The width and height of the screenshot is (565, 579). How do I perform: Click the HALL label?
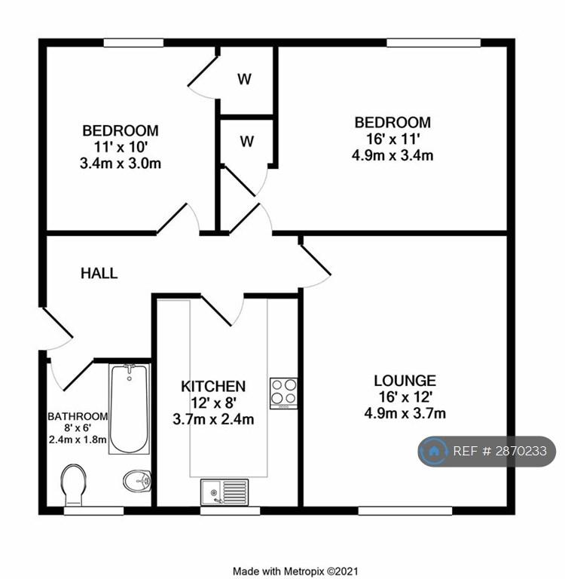[99, 273]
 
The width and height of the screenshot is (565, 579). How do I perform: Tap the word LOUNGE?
[405, 381]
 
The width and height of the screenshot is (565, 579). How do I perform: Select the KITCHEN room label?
[213, 387]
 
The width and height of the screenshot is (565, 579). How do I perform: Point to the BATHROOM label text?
[78, 416]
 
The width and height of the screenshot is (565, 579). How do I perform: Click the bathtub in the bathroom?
[129, 409]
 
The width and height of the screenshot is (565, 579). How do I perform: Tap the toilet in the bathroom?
[73, 486]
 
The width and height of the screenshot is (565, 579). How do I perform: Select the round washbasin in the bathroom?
[137, 481]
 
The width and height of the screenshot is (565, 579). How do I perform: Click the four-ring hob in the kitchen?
[283, 393]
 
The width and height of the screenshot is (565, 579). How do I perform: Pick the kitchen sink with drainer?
[224, 492]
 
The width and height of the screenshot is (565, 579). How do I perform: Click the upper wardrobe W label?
[244, 79]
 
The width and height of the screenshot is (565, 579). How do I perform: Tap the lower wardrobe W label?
[247, 141]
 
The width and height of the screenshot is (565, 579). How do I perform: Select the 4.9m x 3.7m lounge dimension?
[405, 413]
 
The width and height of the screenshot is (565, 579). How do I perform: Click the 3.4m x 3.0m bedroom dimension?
[121, 163]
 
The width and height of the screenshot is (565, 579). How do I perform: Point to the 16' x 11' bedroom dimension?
[392, 139]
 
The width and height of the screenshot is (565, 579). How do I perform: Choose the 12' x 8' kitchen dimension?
[213, 403]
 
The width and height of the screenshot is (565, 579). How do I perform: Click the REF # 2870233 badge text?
[499, 452]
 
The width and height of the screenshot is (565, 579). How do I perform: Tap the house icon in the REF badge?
[435, 451]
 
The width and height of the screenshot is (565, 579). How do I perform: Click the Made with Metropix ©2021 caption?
[295, 571]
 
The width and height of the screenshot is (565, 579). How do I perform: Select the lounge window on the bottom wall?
[405, 510]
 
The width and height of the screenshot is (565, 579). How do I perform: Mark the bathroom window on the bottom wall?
[93, 510]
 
